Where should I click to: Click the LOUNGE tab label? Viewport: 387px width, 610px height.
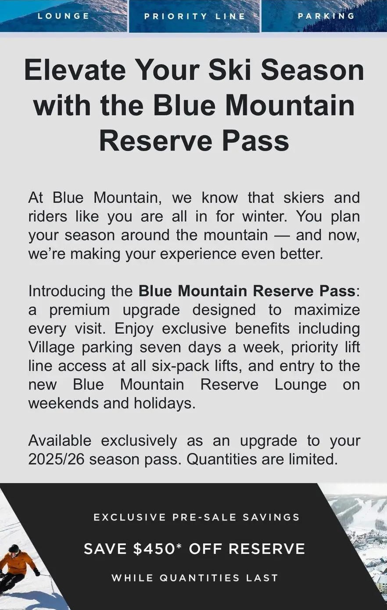click(x=64, y=16)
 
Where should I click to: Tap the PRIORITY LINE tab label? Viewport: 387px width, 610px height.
click(x=194, y=17)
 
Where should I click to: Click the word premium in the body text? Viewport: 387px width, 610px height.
click(x=79, y=310)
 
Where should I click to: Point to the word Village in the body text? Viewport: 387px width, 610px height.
click(x=52, y=347)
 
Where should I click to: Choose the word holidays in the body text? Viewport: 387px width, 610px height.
click(x=165, y=403)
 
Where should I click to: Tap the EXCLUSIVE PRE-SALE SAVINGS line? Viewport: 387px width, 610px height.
click(x=197, y=517)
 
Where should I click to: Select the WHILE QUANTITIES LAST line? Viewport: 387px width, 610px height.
click(x=195, y=578)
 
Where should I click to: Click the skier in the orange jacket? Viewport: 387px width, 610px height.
click(x=18, y=567)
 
